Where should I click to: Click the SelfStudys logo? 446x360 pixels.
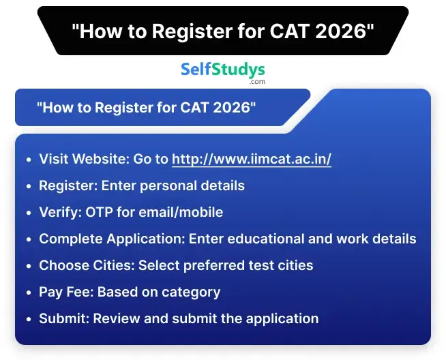pos(222,70)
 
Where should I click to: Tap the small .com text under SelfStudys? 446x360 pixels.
pos(257,82)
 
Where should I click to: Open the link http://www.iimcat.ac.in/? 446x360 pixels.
pos(251,159)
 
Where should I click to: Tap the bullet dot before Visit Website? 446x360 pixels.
pos(28,160)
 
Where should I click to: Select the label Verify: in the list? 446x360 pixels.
pos(60,212)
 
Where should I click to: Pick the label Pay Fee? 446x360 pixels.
pos(66,292)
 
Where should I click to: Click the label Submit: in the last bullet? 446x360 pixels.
pos(64,318)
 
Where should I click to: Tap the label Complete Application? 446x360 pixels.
pos(112,239)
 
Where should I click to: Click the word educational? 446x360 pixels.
pos(269,239)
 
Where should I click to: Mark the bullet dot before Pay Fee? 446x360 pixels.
pos(28,292)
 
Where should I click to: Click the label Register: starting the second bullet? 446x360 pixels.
pos(66,185)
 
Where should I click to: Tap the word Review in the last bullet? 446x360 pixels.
pos(115,318)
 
